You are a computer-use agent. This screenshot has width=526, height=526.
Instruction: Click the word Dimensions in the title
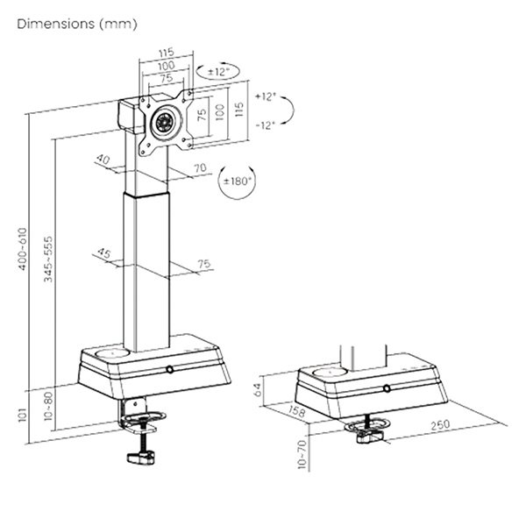tap(56, 24)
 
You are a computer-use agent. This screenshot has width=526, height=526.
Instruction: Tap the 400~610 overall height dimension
tap(23, 249)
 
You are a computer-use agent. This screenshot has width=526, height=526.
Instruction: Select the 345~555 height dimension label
tap(48, 259)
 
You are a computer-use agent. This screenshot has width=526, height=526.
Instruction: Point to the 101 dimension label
tap(22, 415)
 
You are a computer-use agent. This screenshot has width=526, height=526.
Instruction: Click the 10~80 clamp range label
tap(48, 406)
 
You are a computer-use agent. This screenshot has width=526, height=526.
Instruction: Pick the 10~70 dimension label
tap(302, 454)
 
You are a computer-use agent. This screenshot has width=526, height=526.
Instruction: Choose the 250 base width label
tap(440, 425)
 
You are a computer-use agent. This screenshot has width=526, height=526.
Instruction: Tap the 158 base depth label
tap(296, 411)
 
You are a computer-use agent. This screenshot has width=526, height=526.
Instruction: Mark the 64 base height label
tap(259, 389)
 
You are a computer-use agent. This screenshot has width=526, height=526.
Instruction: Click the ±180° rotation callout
tap(237, 181)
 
